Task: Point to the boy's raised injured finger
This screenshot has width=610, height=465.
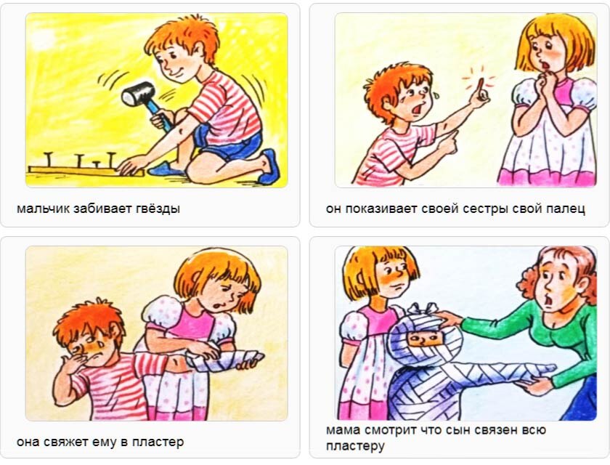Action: pos(481,89)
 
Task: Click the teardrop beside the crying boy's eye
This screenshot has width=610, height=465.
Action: pos(436,94)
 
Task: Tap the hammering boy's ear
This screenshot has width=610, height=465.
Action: pos(199,51)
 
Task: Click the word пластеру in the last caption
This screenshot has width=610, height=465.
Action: pos(355,446)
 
